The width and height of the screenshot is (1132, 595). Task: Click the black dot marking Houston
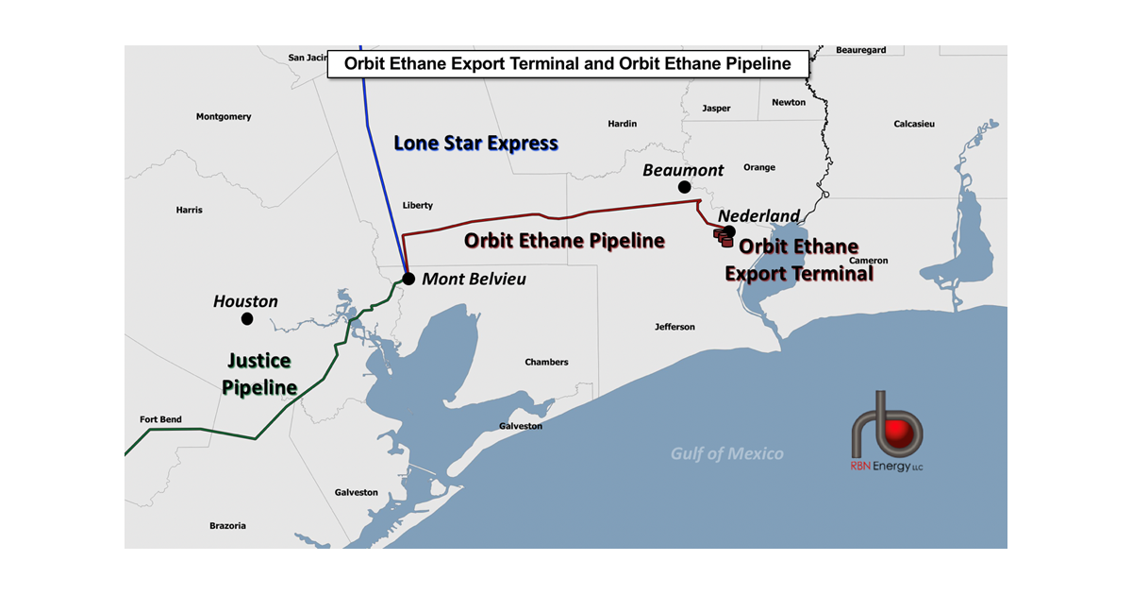(x=247, y=319)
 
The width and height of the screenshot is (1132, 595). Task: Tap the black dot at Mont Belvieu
(x=408, y=279)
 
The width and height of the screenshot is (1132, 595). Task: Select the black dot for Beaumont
(x=684, y=188)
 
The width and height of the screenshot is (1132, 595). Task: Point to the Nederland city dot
(x=729, y=231)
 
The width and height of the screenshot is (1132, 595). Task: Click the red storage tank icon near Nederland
(x=722, y=239)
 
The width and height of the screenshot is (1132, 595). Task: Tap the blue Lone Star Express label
(x=475, y=144)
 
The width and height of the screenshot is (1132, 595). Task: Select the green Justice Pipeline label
(x=259, y=374)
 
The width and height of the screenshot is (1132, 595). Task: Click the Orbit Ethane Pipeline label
(x=564, y=241)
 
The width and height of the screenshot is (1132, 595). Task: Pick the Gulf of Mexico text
(x=726, y=454)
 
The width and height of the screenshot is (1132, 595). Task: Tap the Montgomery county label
(x=224, y=117)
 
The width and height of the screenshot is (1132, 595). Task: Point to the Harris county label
(x=189, y=210)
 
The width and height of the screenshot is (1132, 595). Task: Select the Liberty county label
(x=417, y=205)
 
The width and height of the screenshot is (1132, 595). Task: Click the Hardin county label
(x=623, y=124)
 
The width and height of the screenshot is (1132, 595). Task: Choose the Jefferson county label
(x=674, y=327)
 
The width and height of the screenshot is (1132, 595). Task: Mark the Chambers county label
(x=546, y=362)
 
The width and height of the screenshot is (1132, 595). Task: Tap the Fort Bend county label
(x=160, y=419)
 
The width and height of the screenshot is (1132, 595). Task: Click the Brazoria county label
(x=227, y=525)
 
